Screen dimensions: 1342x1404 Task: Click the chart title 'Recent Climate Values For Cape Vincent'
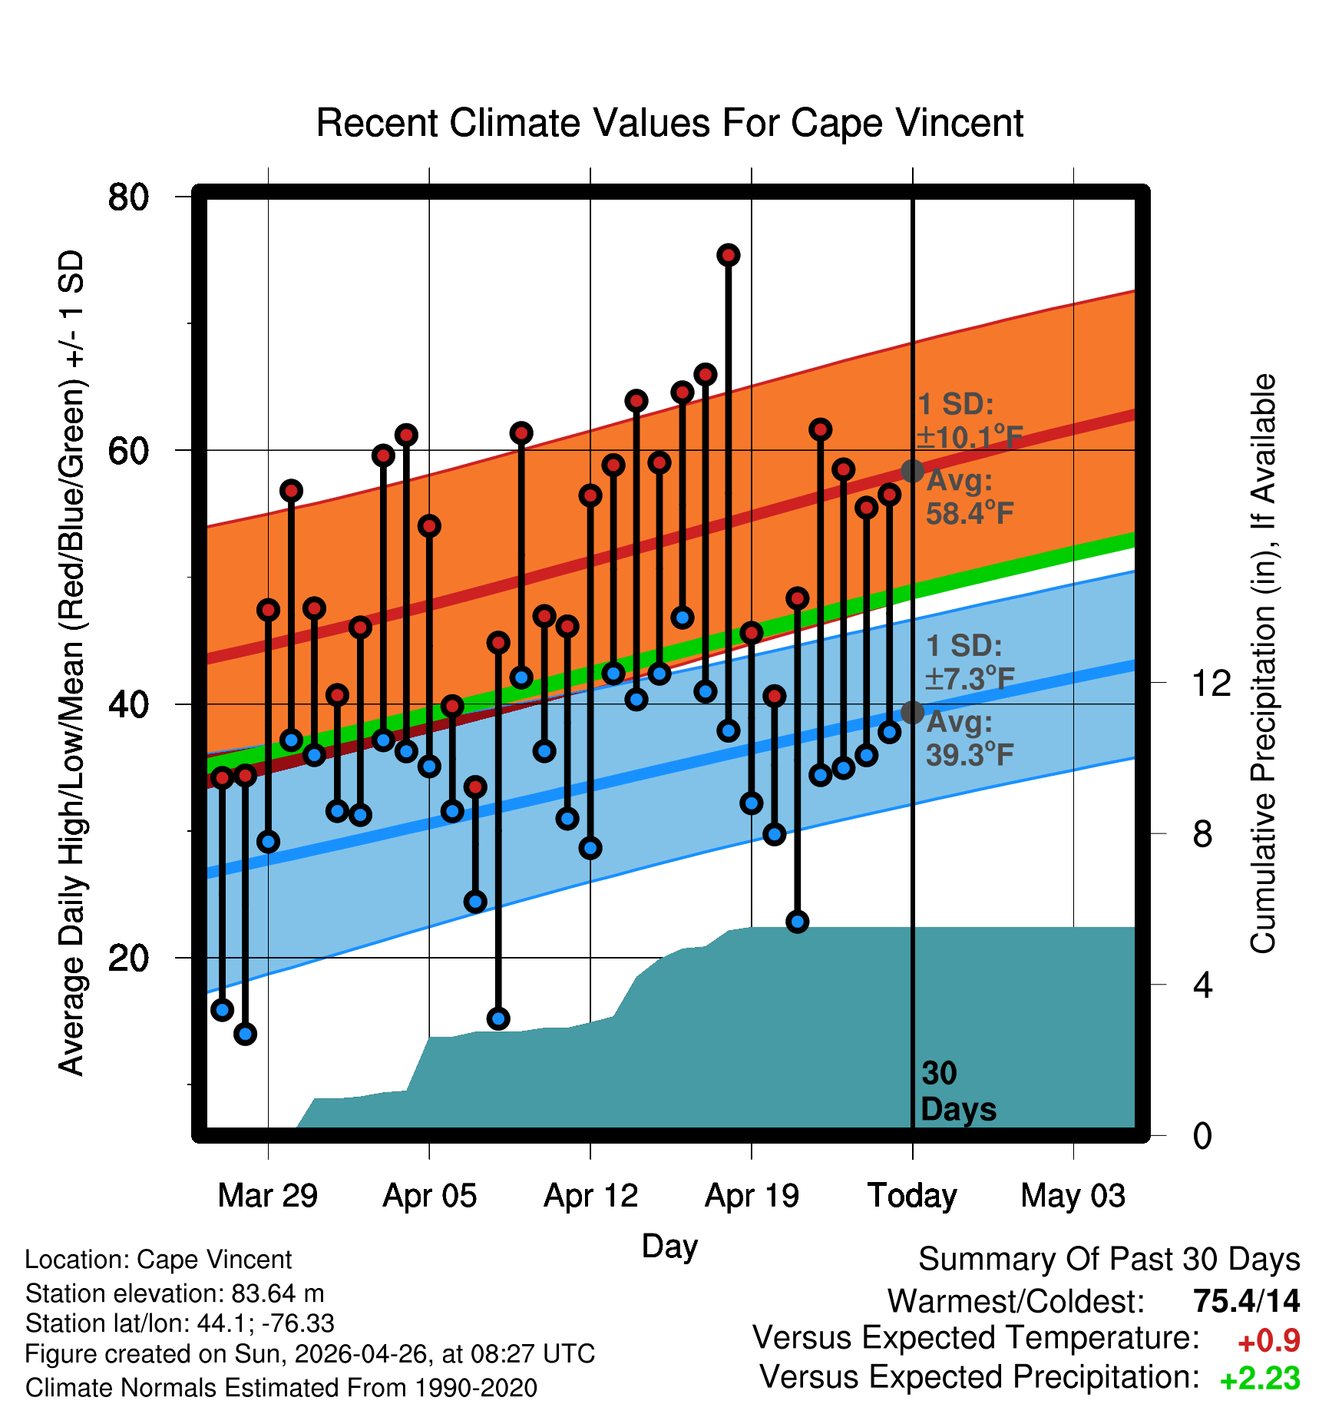point(669,123)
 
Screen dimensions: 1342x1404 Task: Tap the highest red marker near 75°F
point(729,254)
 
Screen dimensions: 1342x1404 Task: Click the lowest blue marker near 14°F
point(245,1034)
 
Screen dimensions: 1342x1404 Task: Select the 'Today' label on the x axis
point(912,1196)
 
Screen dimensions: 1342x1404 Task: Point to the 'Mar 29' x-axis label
point(268,1196)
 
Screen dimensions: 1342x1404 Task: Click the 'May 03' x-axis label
point(1073,1196)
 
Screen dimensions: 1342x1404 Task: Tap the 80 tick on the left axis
point(128,197)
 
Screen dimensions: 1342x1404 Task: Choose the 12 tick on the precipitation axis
point(1211,683)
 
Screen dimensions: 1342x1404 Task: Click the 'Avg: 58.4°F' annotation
point(970,497)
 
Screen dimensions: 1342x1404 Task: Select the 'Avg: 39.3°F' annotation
point(970,739)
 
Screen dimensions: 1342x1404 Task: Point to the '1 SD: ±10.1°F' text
point(970,421)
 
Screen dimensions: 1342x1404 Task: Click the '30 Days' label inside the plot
point(958,1091)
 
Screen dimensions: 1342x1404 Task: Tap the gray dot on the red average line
point(912,471)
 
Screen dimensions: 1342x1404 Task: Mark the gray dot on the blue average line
point(912,713)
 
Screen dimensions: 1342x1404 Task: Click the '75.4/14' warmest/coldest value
point(1247,1301)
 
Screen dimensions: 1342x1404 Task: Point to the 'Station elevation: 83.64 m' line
point(175,1294)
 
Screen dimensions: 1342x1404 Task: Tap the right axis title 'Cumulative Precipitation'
point(1263,664)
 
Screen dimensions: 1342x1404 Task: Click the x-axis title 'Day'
point(669,1247)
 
